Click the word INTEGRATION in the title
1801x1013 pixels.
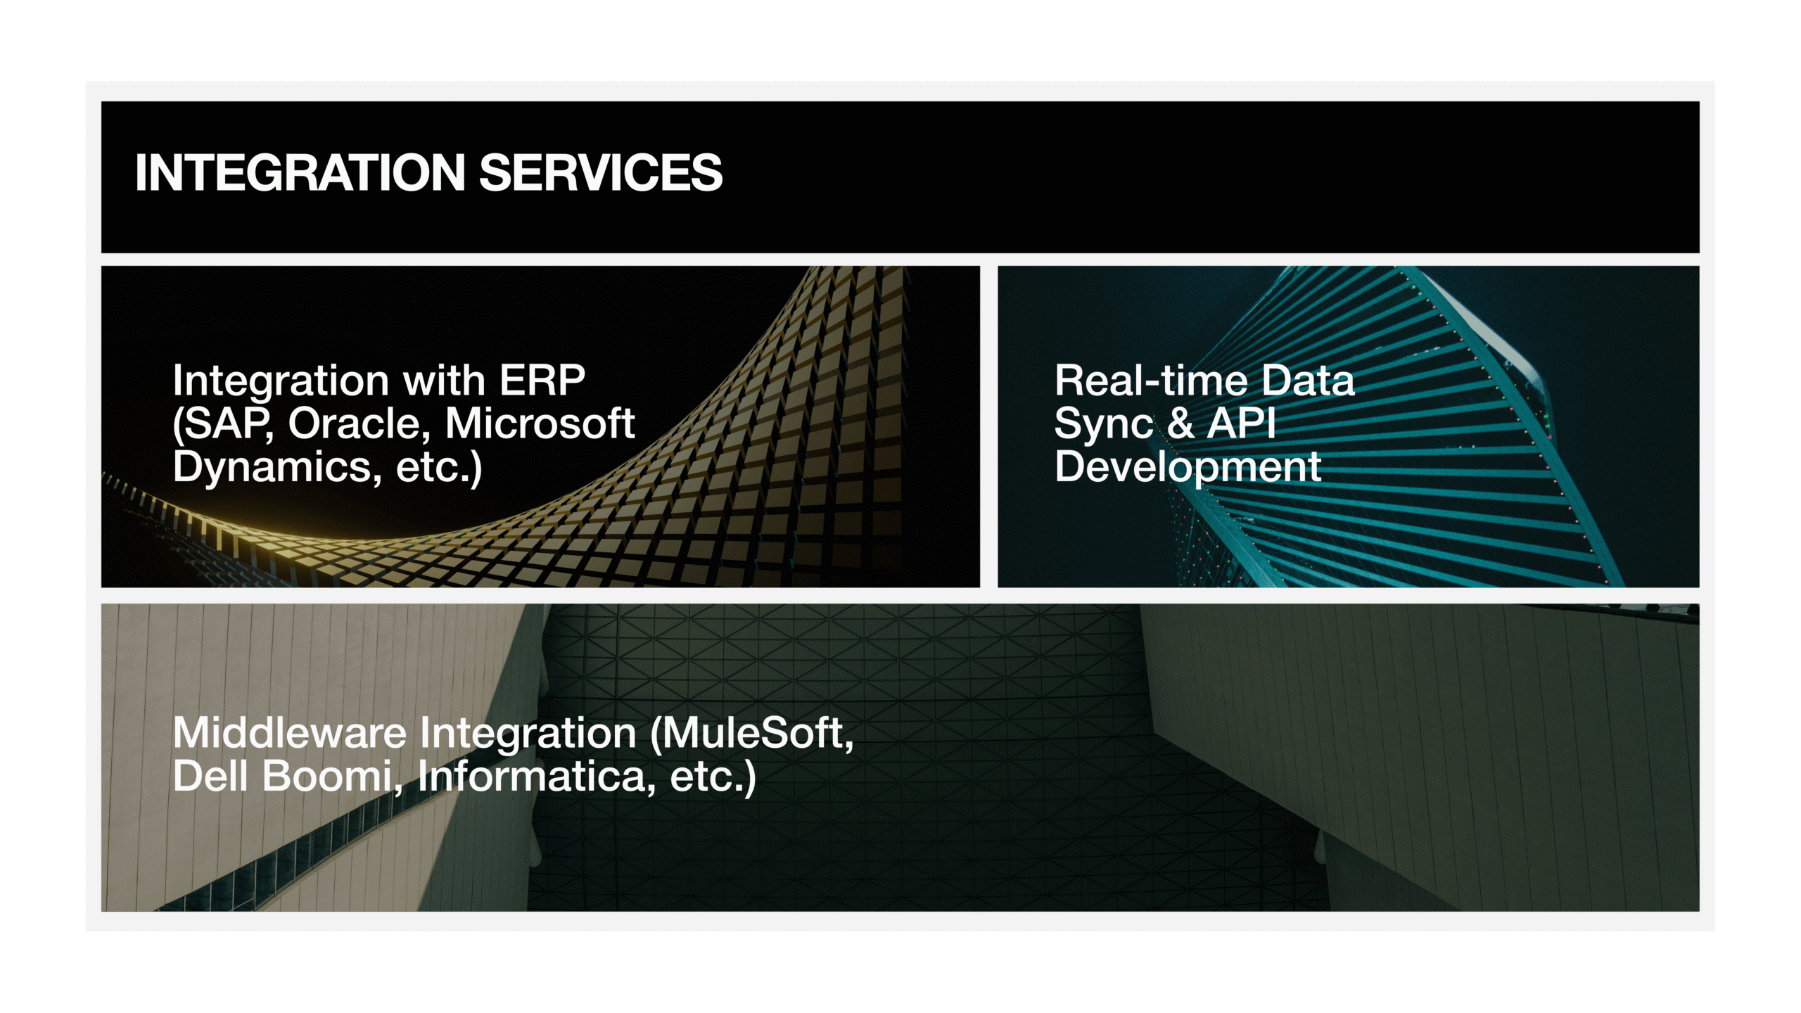[300, 172]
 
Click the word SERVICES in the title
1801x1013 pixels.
[601, 172]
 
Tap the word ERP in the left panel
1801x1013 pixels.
[542, 381]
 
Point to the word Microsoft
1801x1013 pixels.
[540, 423]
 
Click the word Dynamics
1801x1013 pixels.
[272, 466]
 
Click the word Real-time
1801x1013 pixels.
[1151, 381]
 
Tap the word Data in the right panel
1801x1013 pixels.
[1308, 381]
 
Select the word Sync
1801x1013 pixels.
[1104, 425]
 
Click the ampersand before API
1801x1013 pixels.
[1180, 423]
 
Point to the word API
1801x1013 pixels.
[1242, 423]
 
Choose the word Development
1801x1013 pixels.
[1188, 468]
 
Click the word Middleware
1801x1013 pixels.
[290, 733]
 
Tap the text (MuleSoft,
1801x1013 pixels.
[752, 734]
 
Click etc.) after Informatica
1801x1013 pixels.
[713, 777]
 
